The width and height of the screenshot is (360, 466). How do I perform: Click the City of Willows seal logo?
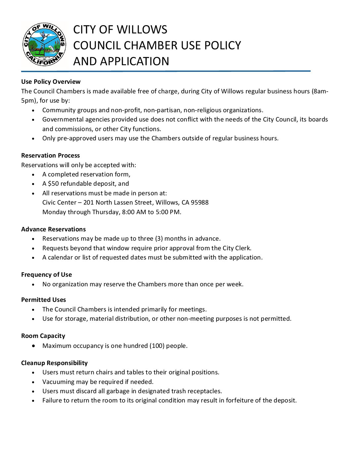44,44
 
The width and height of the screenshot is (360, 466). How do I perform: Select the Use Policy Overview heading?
51,82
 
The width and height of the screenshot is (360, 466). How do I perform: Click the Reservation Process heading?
50,156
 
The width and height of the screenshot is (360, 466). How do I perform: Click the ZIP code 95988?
200,203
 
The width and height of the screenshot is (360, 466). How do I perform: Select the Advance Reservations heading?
53,229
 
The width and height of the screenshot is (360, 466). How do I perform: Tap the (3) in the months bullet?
159,239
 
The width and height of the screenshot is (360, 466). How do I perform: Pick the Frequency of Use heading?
46,275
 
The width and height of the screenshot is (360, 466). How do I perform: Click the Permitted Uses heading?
43,300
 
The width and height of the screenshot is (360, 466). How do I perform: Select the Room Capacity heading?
43,336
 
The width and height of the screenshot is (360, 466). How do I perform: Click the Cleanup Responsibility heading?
54,363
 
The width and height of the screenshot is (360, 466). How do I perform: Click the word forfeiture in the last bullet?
241,400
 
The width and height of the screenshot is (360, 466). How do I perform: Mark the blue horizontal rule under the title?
165,71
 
